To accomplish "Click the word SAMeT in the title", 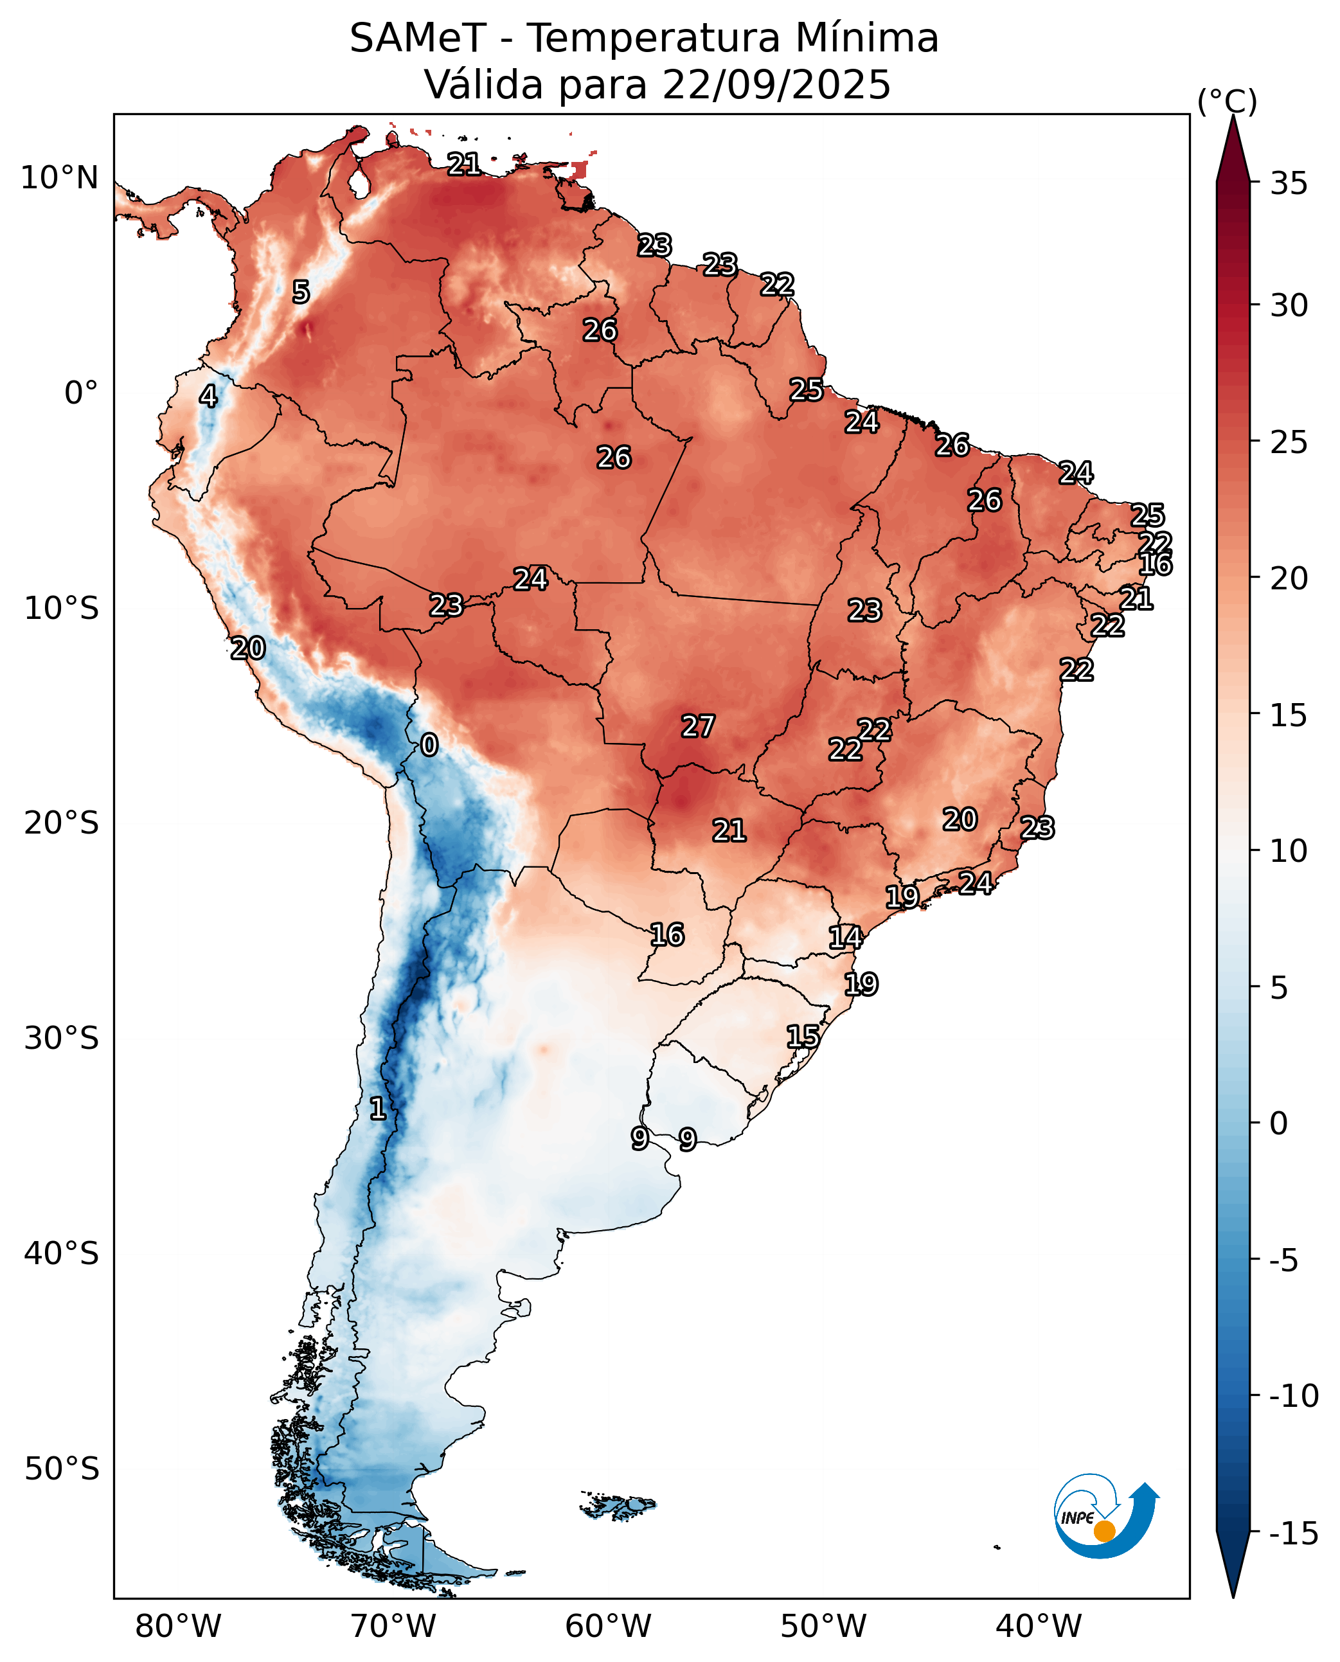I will pyautogui.click(x=418, y=39).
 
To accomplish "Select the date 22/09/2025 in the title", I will pyautogui.click(x=776, y=85).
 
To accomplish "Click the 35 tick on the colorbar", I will pyautogui.click(x=1289, y=184).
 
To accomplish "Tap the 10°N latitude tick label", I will pyautogui.click(x=59, y=178).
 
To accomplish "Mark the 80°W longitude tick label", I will pyautogui.click(x=178, y=1627).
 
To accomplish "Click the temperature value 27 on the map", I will pyautogui.click(x=698, y=726).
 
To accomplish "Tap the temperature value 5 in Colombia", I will pyautogui.click(x=301, y=292).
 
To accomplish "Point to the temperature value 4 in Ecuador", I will pyautogui.click(x=208, y=397).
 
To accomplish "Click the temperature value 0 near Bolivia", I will pyautogui.click(x=429, y=745).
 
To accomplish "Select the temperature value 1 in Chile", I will pyautogui.click(x=377, y=1109).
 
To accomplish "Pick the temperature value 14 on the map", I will pyautogui.click(x=845, y=937).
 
